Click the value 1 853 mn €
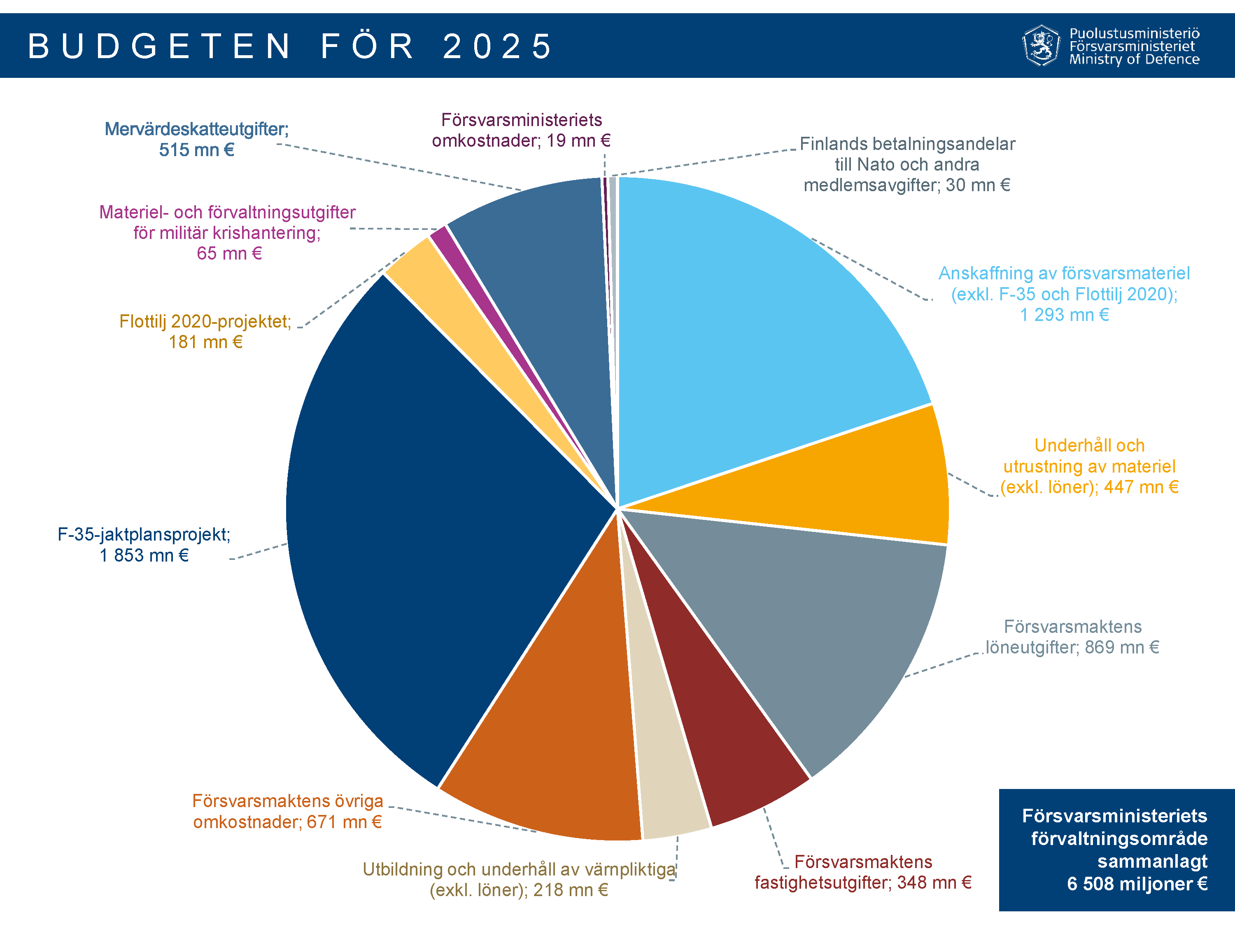coord(144,555)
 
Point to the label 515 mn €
coord(196,150)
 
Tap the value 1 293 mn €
coord(1064,315)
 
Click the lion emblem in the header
coord(1041,46)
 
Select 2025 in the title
coord(497,46)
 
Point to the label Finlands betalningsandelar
coord(907,144)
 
